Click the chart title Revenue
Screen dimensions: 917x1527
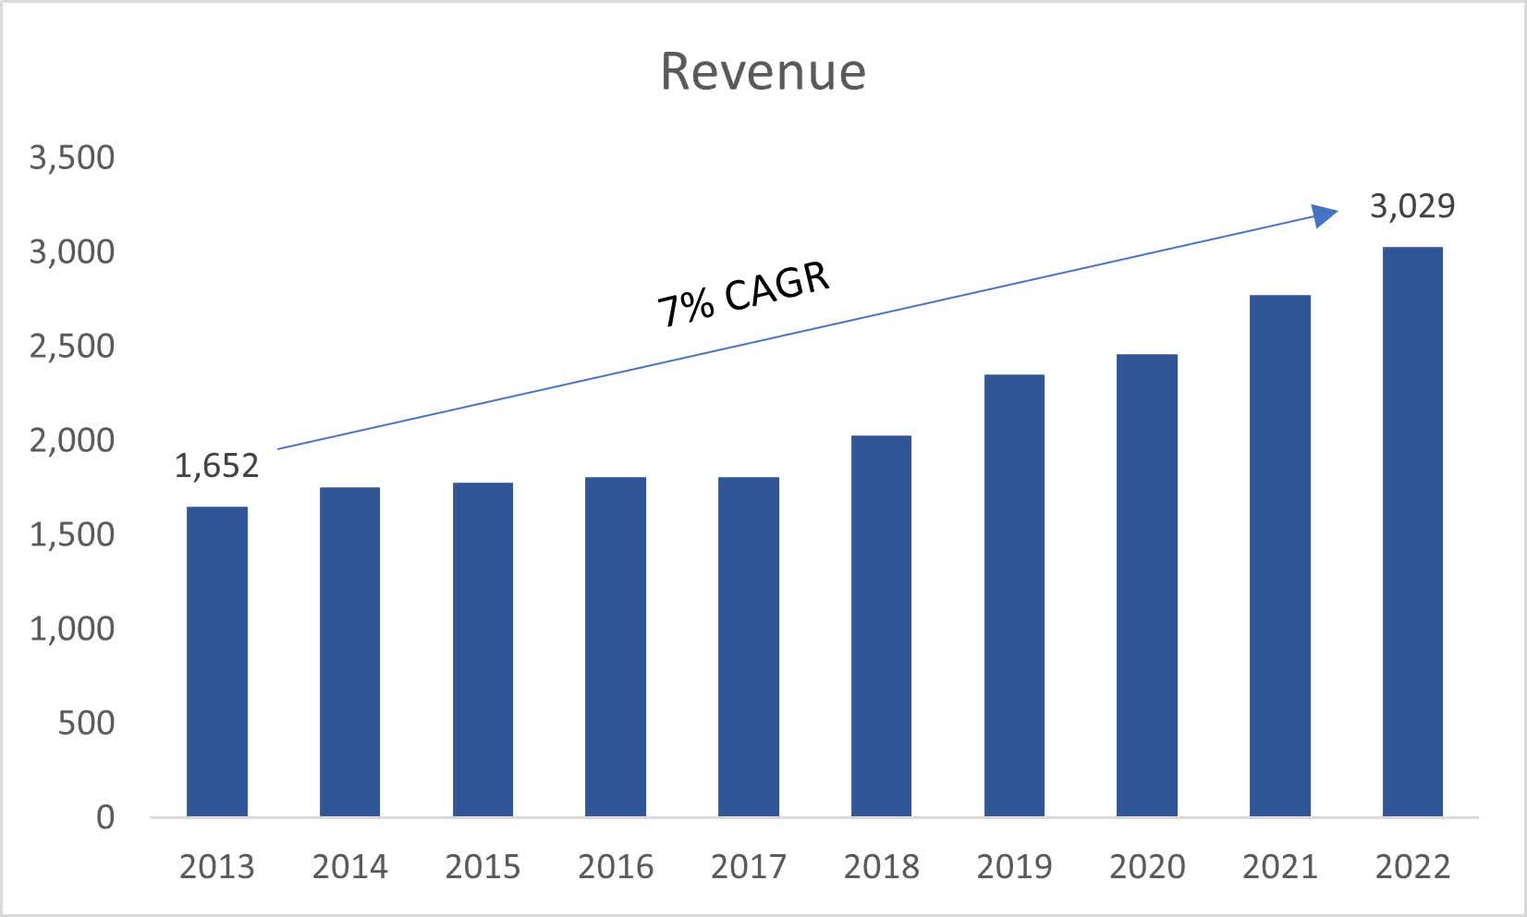pos(763,71)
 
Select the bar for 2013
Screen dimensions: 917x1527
pos(217,661)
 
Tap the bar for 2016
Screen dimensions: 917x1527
pos(616,647)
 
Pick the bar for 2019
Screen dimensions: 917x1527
pos(1014,596)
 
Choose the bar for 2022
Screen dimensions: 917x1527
pos(1412,532)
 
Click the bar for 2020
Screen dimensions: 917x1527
pos(1146,585)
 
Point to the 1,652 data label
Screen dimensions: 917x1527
pos(216,466)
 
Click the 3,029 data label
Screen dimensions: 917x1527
pos(1411,205)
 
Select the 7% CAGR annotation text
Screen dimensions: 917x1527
pos(743,295)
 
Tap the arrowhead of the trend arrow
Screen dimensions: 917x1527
pos(1327,215)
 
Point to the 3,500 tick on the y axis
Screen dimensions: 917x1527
pos(72,158)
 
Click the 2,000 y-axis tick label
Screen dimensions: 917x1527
pos(72,441)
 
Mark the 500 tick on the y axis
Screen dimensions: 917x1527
pos(86,723)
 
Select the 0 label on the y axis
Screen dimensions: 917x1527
pos(105,817)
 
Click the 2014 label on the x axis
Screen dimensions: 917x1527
pos(349,867)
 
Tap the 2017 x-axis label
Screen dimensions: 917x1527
pos(748,867)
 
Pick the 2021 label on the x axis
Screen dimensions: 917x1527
pos(1279,867)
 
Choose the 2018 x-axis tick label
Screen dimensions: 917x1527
pos(881,867)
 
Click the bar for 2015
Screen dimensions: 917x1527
pos(483,650)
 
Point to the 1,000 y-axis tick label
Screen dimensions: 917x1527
pos(72,629)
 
